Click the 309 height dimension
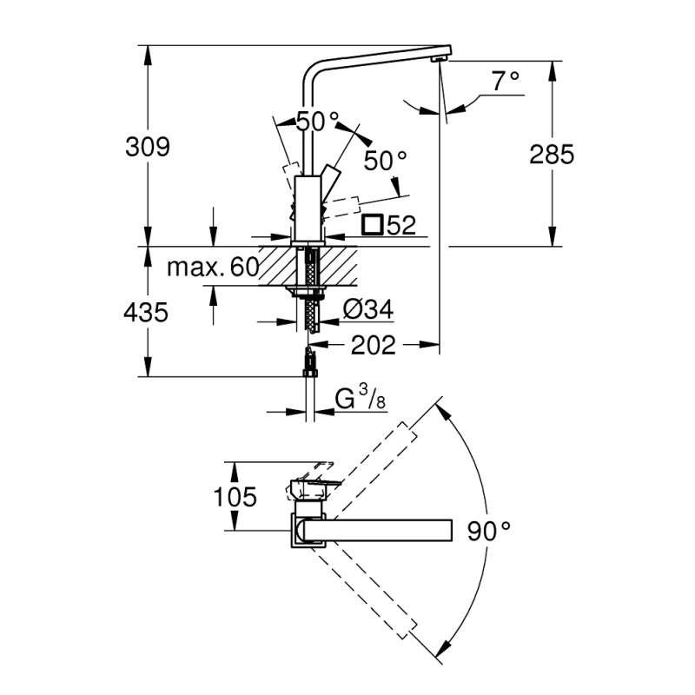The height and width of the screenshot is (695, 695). pyautogui.click(x=145, y=147)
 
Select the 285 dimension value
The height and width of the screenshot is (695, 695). pyautogui.click(x=553, y=154)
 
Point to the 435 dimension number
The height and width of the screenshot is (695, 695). pyautogui.click(x=145, y=312)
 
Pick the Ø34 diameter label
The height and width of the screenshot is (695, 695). pyautogui.click(x=368, y=308)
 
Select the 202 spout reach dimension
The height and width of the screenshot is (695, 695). pyautogui.click(x=373, y=345)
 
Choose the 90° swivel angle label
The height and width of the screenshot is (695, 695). pyautogui.click(x=487, y=530)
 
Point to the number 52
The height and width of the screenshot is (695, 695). pyautogui.click(x=400, y=226)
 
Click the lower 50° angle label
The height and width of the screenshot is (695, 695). pyautogui.click(x=385, y=160)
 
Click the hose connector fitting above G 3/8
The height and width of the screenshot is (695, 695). pyautogui.click(x=308, y=360)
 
